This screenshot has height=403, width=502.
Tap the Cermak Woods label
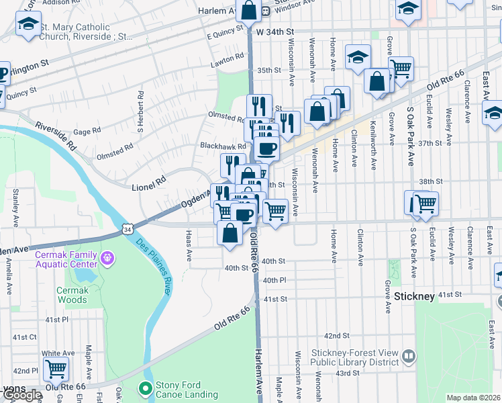coord(72,295)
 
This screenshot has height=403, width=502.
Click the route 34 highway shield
coord(128,229)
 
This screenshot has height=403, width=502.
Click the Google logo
coord(21,396)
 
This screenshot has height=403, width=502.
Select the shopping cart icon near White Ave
coord(56,368)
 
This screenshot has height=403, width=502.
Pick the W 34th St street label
coord(274,32)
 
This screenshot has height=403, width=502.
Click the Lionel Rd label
coord(148,180)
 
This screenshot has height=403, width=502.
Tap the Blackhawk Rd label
coord(215,146)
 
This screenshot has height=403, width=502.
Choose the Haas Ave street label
coord(189,246)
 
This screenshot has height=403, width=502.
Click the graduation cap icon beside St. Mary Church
coord(28,25)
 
